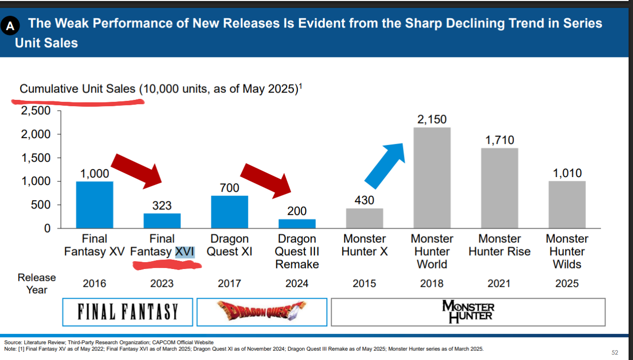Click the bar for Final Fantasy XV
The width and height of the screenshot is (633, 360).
(x=94, y=205)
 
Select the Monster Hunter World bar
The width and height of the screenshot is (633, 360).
(x=432, y=178)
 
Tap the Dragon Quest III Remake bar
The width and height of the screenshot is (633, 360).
(x=297, y=224)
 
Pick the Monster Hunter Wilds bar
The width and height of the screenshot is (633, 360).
(x=567, y=205)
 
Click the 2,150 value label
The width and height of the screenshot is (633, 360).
(x=432, y=120)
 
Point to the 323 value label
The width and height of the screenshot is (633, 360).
(x=162, y=205)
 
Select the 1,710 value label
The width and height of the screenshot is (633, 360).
(x=499, y=140)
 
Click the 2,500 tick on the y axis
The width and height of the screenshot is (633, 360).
(x=35, y=111)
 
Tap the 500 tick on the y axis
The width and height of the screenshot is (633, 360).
(x=40, y=205)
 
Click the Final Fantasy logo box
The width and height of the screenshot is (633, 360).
(x=128, y=312)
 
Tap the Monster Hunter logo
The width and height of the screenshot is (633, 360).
(x=468, y=312)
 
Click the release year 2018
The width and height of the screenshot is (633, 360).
(x=432, y=283)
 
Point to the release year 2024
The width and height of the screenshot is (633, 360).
(x=297, y=283)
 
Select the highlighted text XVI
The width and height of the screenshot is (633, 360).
(x=185, y=252)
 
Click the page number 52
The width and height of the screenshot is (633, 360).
(x=615, y=353)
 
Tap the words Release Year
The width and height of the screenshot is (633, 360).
(x=36, y=283)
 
